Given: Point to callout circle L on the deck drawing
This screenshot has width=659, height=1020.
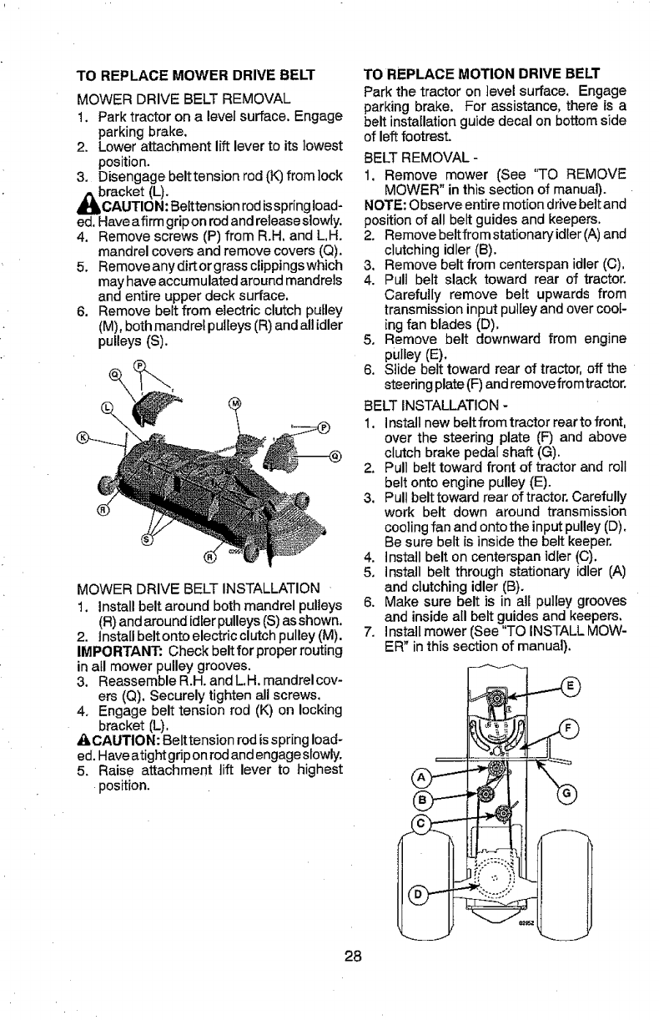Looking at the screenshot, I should pyautogui.click(x=106, y=407).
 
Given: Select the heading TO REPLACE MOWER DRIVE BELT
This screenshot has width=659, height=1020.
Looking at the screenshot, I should pyautogui.click(x=195, y=74).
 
